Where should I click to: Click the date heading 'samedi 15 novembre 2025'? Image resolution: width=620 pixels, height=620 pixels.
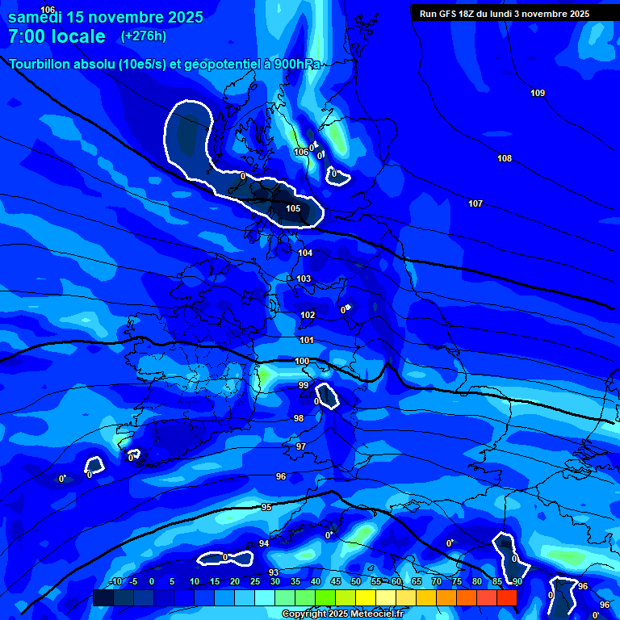[x=106, y=17]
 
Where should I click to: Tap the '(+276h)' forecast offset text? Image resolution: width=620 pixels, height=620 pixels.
[x=144, y=36]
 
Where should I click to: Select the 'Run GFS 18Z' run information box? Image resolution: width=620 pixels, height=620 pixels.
[x=505, y=14]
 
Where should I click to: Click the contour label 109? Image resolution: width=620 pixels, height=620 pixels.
[x=538, y=94]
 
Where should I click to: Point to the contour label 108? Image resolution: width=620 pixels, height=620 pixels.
[x=505, y=159]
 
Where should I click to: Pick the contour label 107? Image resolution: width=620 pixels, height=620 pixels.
[x=475, y=204]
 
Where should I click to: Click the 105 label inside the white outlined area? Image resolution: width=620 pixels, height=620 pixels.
[x=293, y=209]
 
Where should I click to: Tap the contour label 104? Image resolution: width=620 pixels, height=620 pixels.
[x=305, y=253]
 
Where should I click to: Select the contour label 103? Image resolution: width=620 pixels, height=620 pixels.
[x=304, y=279]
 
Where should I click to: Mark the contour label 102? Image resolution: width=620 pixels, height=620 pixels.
[x=308, y=316]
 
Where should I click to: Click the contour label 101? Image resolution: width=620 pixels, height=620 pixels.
[x=306, y=341]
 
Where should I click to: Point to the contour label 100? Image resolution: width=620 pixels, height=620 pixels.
[x=302, y=362]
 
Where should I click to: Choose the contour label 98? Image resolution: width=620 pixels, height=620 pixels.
[x=299, y=419]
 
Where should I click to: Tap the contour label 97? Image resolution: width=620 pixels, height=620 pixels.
[x=301, y=446]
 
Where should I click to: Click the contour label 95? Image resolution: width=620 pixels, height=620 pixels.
[x=266, y=508]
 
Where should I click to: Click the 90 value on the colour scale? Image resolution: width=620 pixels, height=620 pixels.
[x=517, y=582]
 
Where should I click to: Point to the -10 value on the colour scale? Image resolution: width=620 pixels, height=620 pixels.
[x=115, y=582]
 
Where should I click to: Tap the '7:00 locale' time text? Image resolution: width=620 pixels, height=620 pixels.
[x=57, y=36]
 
